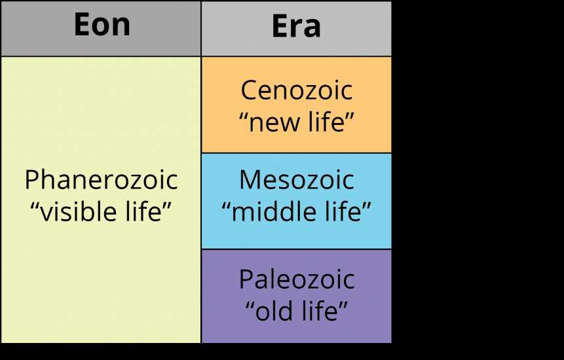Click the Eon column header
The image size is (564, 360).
click(102, 24)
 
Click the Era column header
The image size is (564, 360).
click(296, 26)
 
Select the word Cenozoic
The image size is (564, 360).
click(296, 90)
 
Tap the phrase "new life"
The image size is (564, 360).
click(296, 121)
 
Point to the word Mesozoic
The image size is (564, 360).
click(296, 179)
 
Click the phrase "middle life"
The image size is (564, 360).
click(296, 211)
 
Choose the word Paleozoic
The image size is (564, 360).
click(297, 279)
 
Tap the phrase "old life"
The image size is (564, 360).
click(297, 310)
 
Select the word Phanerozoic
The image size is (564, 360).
click(101, 179)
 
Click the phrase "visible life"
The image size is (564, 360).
click(101, 211)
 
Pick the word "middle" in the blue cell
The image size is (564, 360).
click(273, 211)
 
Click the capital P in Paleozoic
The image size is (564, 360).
click(246, 279)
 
